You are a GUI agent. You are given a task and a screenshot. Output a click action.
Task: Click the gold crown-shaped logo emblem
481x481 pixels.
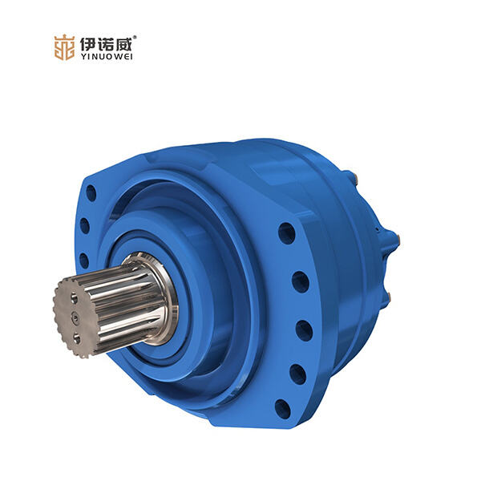point(64,46)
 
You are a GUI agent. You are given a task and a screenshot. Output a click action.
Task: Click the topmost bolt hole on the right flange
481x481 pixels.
point(286,233)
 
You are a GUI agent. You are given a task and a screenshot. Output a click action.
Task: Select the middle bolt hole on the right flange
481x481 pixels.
point(303,329)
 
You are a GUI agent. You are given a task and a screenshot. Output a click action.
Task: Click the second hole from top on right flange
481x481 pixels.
point(300,281)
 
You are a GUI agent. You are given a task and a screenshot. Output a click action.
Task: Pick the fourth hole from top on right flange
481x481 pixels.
point(297,374)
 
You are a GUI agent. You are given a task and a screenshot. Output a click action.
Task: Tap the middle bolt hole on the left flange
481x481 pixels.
point(84,226)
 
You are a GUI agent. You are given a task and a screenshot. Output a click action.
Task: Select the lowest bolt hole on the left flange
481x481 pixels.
point(83,260)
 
